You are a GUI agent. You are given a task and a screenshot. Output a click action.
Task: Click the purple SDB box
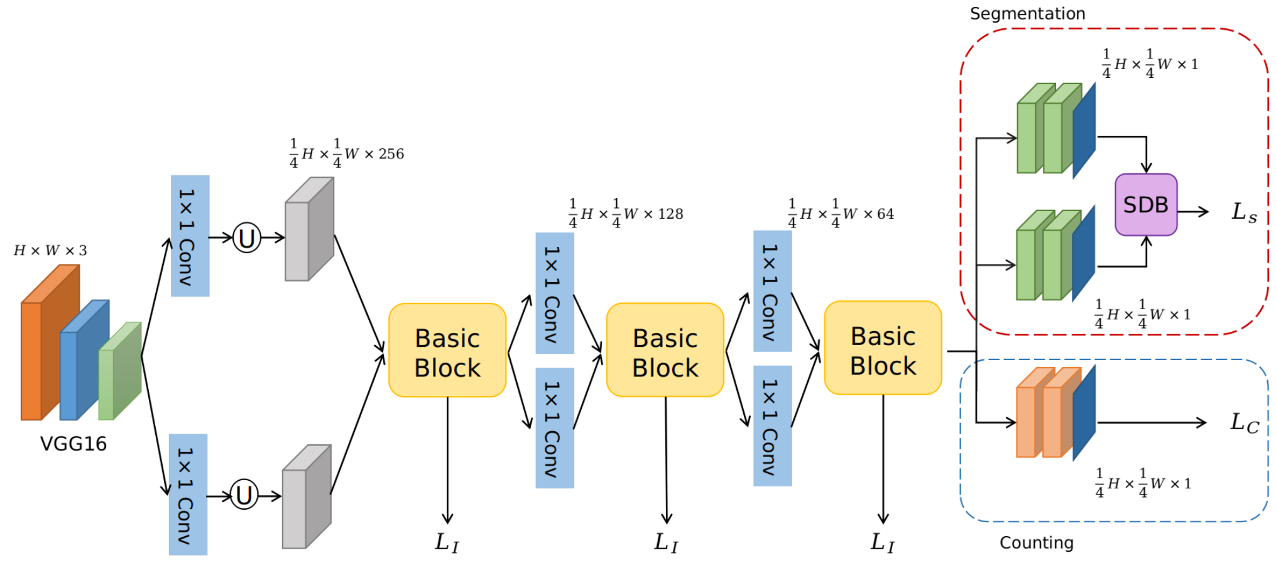point(1145,205)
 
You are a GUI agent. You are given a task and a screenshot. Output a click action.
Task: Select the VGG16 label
point(74,444)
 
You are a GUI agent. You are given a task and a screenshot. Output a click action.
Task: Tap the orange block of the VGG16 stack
point(50,343)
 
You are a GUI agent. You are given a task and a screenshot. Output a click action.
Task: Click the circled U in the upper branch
point(247,238)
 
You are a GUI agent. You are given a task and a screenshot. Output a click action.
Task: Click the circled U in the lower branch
point(244,495)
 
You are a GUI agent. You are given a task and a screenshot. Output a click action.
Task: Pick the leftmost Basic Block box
point(447,351)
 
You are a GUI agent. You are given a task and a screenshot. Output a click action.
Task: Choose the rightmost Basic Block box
point(883,348)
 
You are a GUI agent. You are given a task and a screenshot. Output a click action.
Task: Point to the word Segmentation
point(1027,14)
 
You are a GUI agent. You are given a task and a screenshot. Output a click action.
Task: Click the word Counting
point(1037,542)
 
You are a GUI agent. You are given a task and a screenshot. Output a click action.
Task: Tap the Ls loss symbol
point(1244,212)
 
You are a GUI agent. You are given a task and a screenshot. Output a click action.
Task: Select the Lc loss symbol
point(1244,422)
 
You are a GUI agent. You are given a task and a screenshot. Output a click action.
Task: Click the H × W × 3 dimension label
point(50,251)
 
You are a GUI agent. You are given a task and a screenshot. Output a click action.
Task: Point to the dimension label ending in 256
point(347,153)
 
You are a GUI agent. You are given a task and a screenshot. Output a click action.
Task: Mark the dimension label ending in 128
point(626,214)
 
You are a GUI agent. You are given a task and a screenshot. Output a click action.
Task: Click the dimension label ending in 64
point(841,214)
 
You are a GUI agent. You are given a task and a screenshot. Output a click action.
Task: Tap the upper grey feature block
point(309,229)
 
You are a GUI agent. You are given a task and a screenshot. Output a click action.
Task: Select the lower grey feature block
point(307,496)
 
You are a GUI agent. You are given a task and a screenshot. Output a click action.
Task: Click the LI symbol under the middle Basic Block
point(666,542)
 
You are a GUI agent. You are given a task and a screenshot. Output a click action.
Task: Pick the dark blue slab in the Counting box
point(1084,413)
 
